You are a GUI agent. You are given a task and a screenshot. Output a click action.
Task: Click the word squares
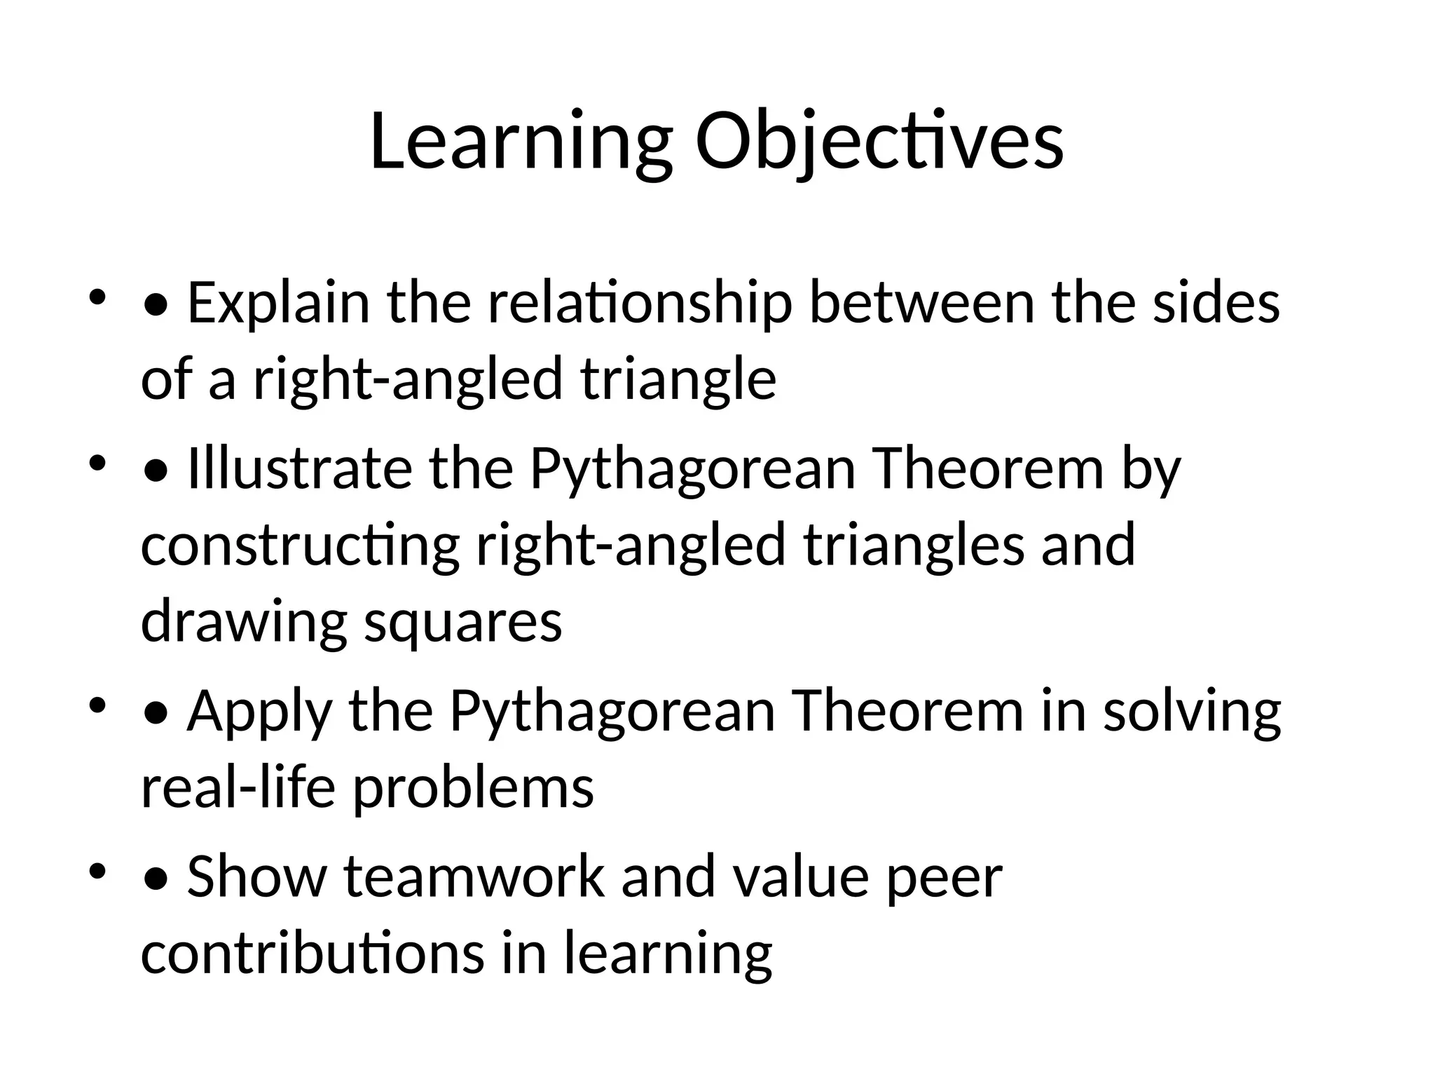coord(463,621)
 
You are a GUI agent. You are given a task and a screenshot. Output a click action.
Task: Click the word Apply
coord(259,711)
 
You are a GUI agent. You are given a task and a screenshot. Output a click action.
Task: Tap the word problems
coord(473,787)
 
